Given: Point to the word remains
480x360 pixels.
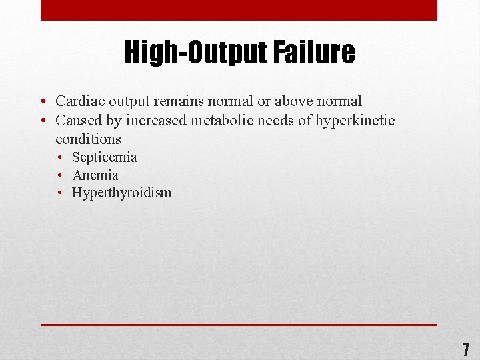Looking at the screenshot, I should [x=177, y=101].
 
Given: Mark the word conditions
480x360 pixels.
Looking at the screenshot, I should [x=88, y=139].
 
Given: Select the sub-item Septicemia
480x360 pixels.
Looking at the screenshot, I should [x=105, y=158].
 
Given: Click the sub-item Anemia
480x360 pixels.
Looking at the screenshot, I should [x=95, y=175].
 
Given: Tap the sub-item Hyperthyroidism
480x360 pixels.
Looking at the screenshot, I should [x=122, y=193].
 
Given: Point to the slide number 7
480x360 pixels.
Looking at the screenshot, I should [x=466, y=349].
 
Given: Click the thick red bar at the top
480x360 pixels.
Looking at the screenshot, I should [x=239, y=10].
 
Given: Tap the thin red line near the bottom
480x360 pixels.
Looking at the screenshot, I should [x=239, y=325].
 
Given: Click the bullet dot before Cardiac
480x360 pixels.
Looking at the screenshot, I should [x=42, y=102].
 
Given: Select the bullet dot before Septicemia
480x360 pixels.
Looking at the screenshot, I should [x=60, y=158].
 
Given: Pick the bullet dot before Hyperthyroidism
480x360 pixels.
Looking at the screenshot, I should [x=60, y=193].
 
